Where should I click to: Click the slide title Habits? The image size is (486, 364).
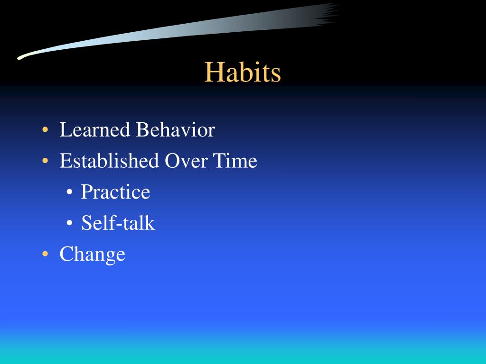pos(243,72)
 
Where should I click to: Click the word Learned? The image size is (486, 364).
pos(94,129)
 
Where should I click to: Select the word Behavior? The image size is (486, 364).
pos(176,129)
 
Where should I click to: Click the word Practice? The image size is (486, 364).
pos(116,191)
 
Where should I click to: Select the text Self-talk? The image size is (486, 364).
pos(118,223)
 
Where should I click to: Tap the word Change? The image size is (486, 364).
pos(93,255)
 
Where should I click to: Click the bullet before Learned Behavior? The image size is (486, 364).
pos(45,129)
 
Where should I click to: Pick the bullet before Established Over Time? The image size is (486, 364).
pos(45,161)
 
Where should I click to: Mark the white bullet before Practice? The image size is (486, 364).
pos(69,192)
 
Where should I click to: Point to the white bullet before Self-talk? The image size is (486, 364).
pos(69,223)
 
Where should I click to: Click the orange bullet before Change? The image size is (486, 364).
pos(45,254)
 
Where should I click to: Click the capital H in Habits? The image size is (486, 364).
pos(213,72)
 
